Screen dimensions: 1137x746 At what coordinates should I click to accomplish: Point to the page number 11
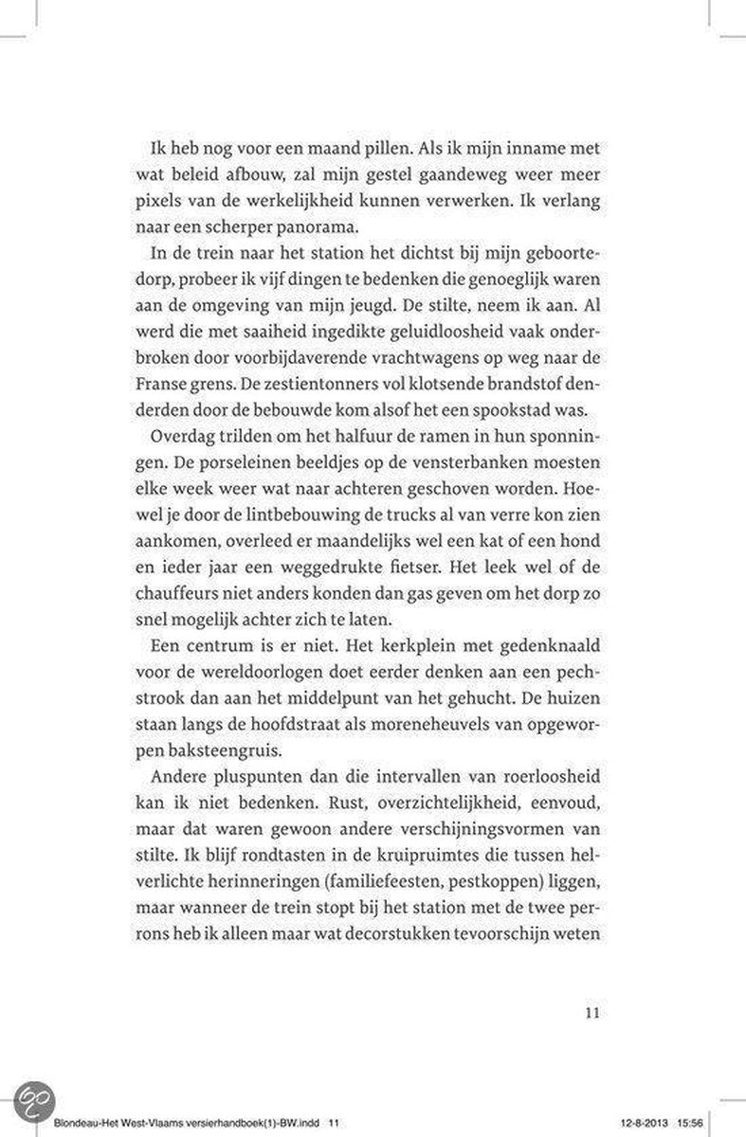tap(591, 1011)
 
